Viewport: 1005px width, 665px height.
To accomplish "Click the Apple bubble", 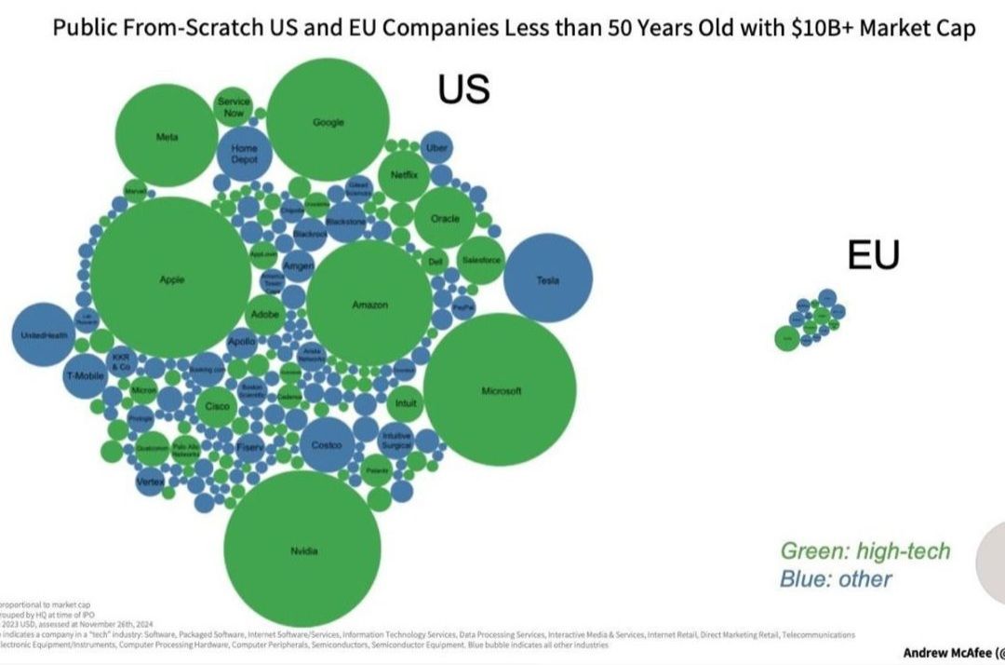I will click(x=171, y=278).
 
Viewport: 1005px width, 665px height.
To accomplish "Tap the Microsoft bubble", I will click(x=501, y=389).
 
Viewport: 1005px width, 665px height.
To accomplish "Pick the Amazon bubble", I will click(x=369, y=304).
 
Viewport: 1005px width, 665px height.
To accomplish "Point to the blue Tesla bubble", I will click(x=548, y=278).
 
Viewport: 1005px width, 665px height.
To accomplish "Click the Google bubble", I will click(x=328, y=121).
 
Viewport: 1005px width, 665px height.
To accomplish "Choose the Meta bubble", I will click(x=167, y=137).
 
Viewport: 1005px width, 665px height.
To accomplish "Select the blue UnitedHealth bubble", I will click(x=45, y=334).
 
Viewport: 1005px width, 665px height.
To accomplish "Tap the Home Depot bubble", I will click(x=245, y=155).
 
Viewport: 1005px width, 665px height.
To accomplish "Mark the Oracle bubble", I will click(x=445, y=218).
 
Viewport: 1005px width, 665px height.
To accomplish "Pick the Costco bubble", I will click(x=328, y=445).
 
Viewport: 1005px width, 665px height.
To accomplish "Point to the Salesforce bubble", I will click(x=481, y=259).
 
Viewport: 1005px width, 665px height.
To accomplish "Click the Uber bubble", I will click(x=435, y=147).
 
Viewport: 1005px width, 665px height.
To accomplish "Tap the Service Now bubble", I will click(x=233, y=107).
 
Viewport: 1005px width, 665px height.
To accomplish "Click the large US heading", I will click(x=463, y=89).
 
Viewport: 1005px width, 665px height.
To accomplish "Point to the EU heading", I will click(x=873, y=254).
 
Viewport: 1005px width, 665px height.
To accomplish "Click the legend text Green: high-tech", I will click(x=864, y=550).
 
